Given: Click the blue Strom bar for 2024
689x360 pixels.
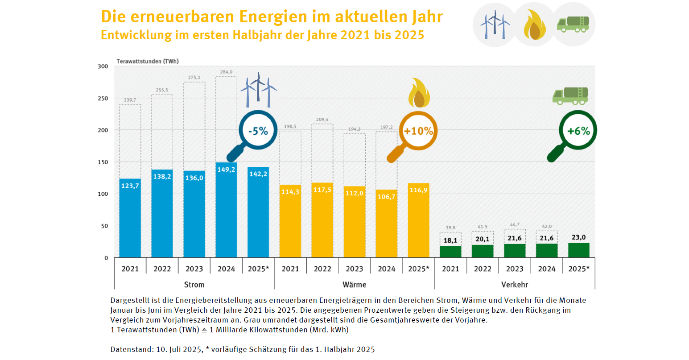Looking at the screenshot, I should click(226, 210).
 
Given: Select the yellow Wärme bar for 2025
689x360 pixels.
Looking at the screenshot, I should click(418, 220).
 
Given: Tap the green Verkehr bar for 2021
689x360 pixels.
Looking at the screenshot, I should click(450, 252).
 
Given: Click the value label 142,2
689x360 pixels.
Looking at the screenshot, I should click(258, 174).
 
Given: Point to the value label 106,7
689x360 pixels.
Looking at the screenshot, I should click(386, 197).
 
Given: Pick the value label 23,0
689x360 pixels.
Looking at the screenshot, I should click(578, 237).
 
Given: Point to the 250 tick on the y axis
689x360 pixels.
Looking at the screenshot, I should click(103, 98).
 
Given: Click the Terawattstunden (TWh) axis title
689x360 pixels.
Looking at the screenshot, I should click(148, 61).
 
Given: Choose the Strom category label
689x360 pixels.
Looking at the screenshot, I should click(194, 285).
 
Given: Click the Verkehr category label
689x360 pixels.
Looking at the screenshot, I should click(514, 285).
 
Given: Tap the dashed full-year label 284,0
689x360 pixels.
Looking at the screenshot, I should click(226, 72).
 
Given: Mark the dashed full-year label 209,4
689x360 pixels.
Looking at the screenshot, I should click(322, 120).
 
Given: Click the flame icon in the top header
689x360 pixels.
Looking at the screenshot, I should click(534, 25).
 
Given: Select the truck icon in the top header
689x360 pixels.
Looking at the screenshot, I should click(573, 25).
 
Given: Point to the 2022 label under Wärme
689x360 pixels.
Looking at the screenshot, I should click(322, 269).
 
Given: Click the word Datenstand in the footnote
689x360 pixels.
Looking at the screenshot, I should click(131, 349).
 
